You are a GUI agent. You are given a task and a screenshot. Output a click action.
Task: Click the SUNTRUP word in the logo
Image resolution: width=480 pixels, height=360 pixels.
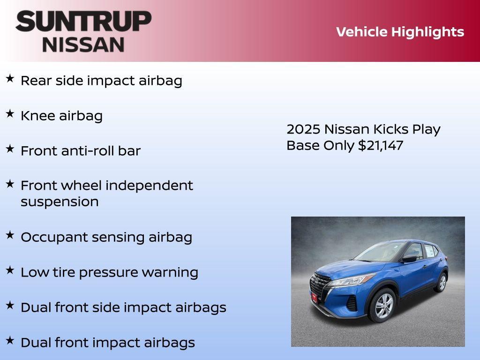click(83, 22)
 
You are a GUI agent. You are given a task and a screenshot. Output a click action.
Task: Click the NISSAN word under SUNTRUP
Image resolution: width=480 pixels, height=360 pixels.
click(83, 45)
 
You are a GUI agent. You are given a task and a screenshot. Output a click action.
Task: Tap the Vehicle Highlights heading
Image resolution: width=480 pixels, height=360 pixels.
click(400, 32)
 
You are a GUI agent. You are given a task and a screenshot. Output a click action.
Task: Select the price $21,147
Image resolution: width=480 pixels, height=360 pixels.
click(380, 145)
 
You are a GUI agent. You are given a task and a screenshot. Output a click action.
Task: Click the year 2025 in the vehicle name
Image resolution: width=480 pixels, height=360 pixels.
click(303, 129)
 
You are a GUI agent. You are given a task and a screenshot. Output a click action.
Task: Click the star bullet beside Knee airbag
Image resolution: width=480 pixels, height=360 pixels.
click(10, 114)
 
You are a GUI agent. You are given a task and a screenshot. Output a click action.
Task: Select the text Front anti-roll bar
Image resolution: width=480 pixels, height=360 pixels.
click(81, 151)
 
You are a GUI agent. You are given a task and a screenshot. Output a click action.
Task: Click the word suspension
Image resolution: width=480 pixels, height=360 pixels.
click(60, 202)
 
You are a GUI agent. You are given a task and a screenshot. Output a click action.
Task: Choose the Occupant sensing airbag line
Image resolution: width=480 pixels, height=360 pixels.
click(106, 237)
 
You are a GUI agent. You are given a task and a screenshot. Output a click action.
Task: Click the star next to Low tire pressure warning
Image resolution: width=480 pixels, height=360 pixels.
click(10, 270)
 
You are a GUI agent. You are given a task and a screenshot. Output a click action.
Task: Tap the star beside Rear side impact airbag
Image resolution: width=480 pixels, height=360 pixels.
click(10, 79)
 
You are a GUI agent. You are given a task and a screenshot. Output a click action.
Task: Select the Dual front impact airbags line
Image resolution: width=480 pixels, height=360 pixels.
click(108, 343)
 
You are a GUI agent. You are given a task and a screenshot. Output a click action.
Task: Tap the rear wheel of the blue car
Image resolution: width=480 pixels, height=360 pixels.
click(440, 283)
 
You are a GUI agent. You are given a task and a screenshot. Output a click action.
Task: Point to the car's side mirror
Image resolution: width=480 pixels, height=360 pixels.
click(409, 258)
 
